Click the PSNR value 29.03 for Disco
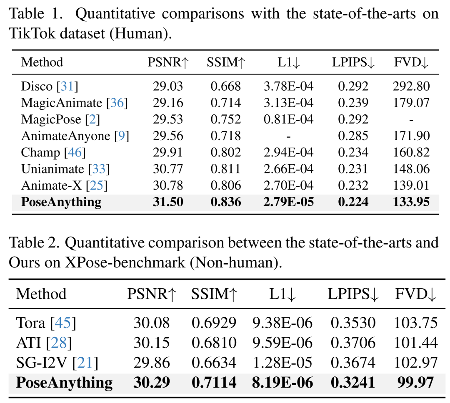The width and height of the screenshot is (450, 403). [168, 86]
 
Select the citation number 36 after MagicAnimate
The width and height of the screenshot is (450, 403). [117, 103]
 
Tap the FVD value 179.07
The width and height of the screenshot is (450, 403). [411, 103]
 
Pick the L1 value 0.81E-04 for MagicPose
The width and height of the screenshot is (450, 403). [288, 119]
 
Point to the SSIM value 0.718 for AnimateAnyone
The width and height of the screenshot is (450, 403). [225, 136]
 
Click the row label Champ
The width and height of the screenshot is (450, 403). [40, 152]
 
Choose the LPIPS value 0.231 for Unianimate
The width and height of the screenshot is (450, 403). [353, 169]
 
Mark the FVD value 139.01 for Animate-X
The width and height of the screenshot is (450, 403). [411, 185]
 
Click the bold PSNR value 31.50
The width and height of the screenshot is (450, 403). [168, 202]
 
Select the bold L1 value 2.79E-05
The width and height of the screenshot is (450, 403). [288, 202]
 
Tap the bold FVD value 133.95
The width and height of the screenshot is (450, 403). [411, 202]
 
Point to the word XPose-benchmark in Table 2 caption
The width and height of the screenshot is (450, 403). [125, 262]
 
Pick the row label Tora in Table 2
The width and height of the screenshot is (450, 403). [30, 323]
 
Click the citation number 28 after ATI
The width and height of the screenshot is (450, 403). [59, 343]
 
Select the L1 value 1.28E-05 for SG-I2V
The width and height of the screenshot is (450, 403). [282, 363]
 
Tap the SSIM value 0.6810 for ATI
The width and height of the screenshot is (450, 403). [214, 343]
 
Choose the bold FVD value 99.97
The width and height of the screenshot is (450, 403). [415, 383]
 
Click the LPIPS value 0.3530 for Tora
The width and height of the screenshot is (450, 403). [353, 323]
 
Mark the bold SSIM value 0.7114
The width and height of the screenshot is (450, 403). [214, 383]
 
